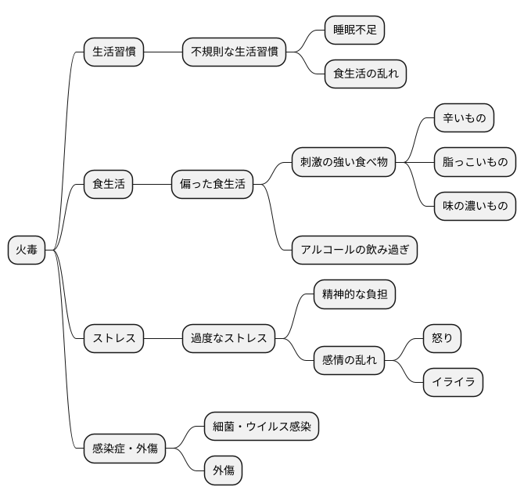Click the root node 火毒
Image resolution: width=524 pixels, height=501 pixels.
(x=27, y=250)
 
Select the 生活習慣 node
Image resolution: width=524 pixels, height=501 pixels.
(x=114, y=52)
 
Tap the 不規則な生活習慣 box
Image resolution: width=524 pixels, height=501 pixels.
(x=234, y=52)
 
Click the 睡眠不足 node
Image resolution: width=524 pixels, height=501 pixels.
(x=355, y=31)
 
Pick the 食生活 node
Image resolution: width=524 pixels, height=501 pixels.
(x=109, y=185)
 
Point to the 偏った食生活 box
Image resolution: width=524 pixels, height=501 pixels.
(x=213, y=185)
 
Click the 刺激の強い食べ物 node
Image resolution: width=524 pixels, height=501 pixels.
(x=343, y=163)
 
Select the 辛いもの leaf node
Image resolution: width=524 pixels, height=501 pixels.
(x=465, y=119)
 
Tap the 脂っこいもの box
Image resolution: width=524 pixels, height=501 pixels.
(x=475, y=163)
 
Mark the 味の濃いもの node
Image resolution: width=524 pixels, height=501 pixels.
(x=475, y=207)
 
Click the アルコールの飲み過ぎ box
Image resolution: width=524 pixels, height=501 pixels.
(x=354, y=250)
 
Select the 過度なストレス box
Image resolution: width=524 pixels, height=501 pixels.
(x=228, y=339)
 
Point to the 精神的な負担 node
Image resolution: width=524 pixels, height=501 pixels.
(x=354, y=295)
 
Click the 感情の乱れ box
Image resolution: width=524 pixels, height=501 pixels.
(x=349, y=361)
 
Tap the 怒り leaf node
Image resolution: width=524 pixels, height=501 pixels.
(x=442, y=339)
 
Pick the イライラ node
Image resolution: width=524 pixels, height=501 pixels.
(x=453, y=383)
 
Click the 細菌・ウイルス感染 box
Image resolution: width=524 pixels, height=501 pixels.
(x=261, y=427)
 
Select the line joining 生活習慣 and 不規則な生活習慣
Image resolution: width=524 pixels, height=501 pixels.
(x=163, y=52)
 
